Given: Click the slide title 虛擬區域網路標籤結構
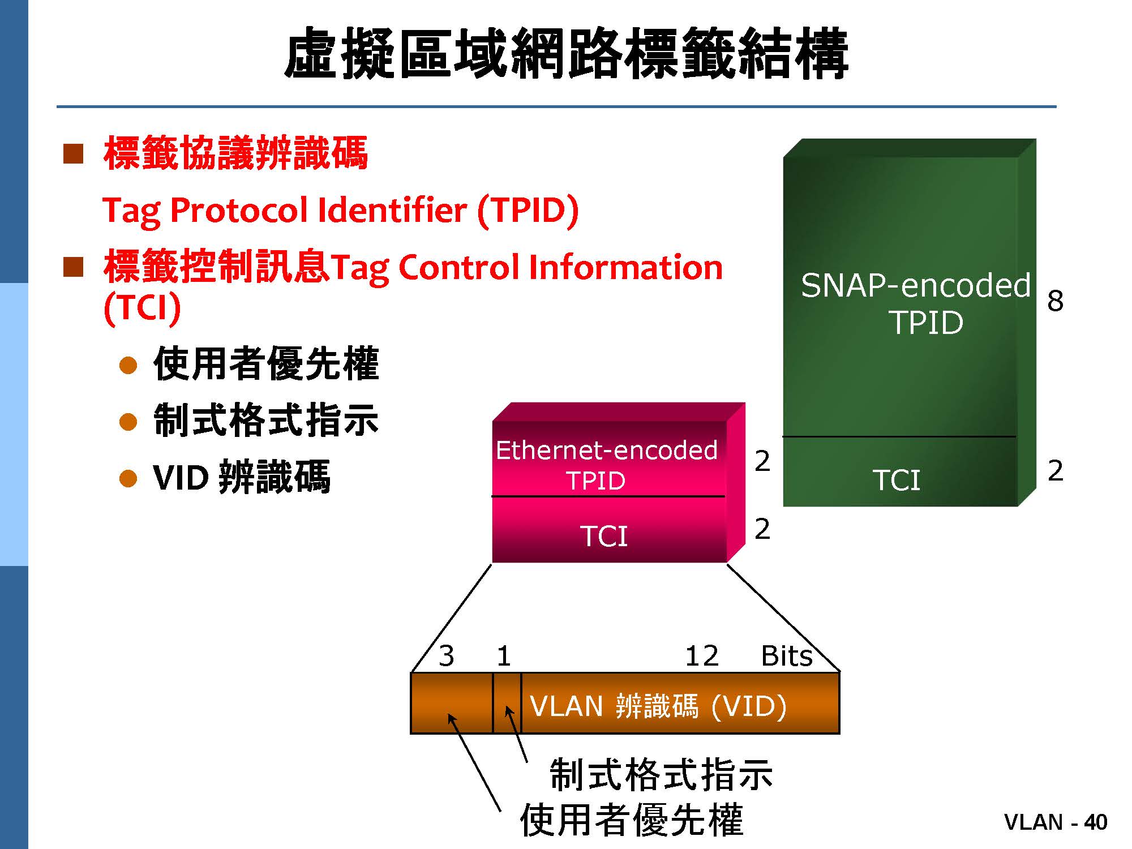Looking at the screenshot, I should coord(566,54).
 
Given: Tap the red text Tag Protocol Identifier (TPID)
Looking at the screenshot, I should coord(341,211).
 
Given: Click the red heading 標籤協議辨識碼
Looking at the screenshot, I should coord(235,153).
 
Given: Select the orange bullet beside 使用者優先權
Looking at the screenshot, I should coord(128,365).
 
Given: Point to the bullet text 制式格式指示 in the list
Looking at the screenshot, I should coord(266,420).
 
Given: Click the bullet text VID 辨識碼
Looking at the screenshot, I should coord(242,477).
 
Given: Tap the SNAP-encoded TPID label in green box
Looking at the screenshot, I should coord(916,303).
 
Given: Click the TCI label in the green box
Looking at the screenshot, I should coord(897,480).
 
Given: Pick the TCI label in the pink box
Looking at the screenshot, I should coord(604,535).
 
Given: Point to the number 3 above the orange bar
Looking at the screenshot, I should coord(447,656).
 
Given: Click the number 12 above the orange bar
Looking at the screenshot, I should coord(702,656).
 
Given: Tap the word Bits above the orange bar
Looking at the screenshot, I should coord(787,656).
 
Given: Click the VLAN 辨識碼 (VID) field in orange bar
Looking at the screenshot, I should coord(658,706).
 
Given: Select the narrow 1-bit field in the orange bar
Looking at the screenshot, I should coord(507,704).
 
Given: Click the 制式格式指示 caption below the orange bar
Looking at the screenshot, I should coord(661,775).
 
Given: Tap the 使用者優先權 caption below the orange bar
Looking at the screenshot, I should coord(632,820).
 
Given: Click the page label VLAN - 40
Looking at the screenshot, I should coord(1056,822).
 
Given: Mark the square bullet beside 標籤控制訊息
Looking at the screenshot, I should coord(74,267).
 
